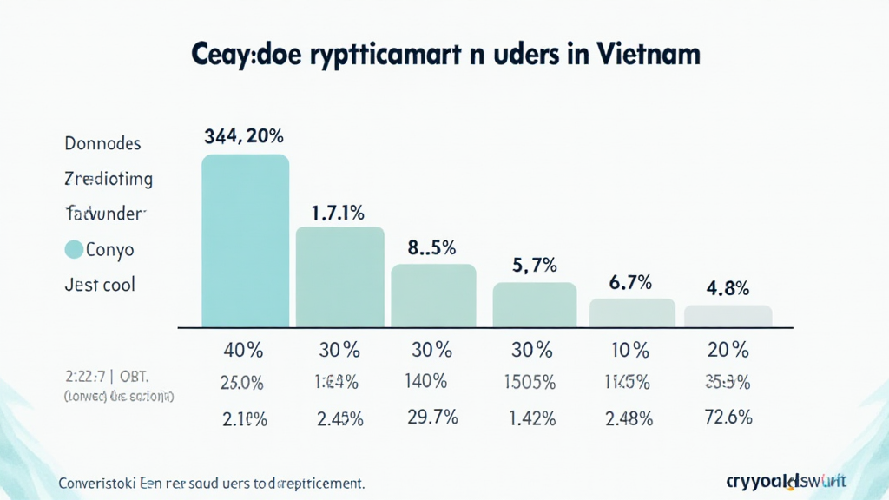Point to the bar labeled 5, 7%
click(534, 305)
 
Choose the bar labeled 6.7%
click(632, 312)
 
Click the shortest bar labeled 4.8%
click(728, 316)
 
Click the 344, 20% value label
click(244, 136)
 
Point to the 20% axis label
click(728, 351)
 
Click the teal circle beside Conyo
click(75, 250)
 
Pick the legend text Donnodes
click(102, 143)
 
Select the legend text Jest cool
click(100, 284)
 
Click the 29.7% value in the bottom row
click(432, 417)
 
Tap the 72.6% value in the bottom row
click(728, 417)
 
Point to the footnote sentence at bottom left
click(211, 482)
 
